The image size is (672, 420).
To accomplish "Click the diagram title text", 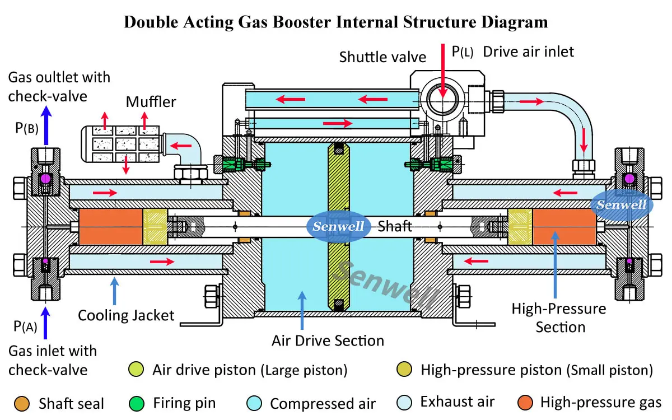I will click(335, 22).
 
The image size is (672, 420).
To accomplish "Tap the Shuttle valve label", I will click(382, 57).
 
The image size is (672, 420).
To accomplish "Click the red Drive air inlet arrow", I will click(442, 67).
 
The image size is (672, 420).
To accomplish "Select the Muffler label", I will click(151, 101).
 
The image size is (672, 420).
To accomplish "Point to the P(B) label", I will click(27, 128).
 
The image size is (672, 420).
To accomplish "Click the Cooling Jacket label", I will click(126, 315).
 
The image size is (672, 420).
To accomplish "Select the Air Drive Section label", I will click(328, 340).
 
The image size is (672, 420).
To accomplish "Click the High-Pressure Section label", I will click(558, 318).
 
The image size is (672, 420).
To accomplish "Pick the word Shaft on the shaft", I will click(395, 226).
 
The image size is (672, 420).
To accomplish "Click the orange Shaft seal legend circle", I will click(22, 403).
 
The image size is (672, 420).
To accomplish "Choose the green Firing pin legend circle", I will click(137, 403).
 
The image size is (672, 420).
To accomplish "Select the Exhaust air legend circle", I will click(404, 402).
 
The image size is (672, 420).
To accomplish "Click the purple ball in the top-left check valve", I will click(45, 179).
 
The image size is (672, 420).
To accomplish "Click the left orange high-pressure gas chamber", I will click(111, 226).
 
